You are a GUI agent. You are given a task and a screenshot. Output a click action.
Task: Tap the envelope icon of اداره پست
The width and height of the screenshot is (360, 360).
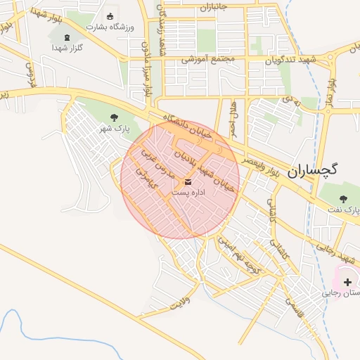click(x=186, y=181)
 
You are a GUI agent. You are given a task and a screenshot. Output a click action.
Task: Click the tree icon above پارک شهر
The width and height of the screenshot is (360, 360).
click(x=115, y=117)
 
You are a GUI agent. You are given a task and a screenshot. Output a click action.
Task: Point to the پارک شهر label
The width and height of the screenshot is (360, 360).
click(x=115, y=128)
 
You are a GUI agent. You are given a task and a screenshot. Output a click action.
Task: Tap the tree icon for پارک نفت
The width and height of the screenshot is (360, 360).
click(x=343, y=199)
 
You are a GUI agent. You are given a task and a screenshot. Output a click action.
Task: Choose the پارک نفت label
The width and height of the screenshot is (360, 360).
click(x=344, y=210)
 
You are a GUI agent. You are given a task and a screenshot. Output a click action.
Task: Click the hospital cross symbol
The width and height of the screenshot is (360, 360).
click(x=348, y=281)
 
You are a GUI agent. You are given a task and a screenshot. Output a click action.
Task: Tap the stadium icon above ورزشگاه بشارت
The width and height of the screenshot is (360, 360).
click(x=109, y=16)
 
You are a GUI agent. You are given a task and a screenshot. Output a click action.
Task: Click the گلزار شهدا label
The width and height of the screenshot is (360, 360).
click(x=67, y=48)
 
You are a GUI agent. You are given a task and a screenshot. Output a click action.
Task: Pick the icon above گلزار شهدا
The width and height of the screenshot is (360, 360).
click(x=67, y=37)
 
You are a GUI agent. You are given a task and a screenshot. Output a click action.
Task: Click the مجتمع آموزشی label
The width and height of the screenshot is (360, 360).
click(x=204, y=60)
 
